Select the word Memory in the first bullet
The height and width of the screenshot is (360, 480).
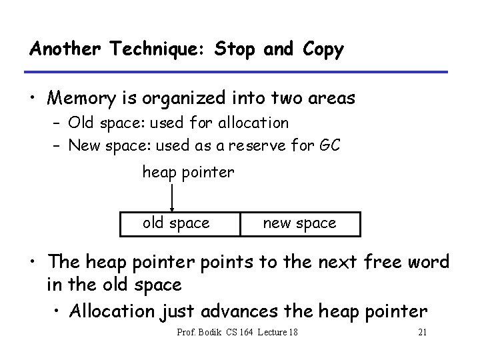[x=84, y=99]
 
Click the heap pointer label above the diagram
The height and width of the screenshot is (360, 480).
[x=188, y=172]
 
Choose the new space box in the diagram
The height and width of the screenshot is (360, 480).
[x=300, y=223]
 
